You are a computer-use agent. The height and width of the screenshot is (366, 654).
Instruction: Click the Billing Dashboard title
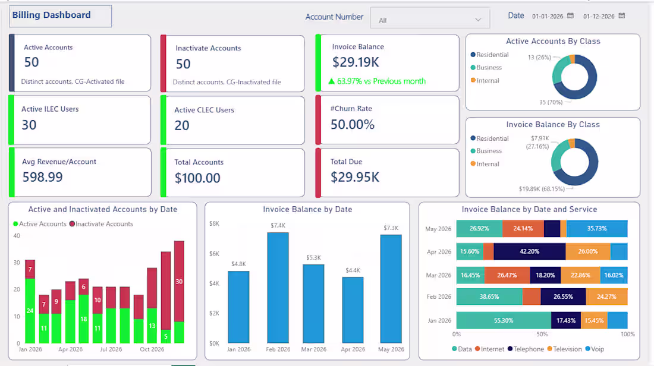(51, 15)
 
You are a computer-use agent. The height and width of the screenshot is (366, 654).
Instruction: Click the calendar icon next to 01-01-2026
(570, 16)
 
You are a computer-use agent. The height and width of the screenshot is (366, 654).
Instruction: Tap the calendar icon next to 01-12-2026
(621, 16)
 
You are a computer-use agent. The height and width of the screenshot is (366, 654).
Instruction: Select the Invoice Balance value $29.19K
(356, 62)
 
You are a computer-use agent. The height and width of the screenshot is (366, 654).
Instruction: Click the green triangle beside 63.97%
(332, 81)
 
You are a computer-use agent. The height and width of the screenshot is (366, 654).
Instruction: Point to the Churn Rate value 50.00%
(353, 124)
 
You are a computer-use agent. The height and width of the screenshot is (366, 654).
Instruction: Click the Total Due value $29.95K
(355, 177)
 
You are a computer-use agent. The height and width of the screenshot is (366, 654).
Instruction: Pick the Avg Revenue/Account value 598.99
(43, 177)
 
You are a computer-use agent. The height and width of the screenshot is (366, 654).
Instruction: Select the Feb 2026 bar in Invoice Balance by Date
(278, 288)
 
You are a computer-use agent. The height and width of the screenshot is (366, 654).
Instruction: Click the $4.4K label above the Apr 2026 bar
(353, 270)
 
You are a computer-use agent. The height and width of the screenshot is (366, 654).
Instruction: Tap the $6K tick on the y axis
(214, 254)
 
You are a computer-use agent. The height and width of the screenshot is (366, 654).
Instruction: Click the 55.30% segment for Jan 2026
(504, 321)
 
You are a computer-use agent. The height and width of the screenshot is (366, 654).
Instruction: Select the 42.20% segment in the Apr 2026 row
(529, 252)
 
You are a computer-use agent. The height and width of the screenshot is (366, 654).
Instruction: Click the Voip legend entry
(595, 349)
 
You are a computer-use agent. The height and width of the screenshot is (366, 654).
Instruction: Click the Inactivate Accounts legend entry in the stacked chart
(101, 224)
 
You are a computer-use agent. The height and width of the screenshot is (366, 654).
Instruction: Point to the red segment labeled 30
(179, 282)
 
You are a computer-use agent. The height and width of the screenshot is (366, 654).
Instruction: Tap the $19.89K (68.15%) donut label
(542, 189)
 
